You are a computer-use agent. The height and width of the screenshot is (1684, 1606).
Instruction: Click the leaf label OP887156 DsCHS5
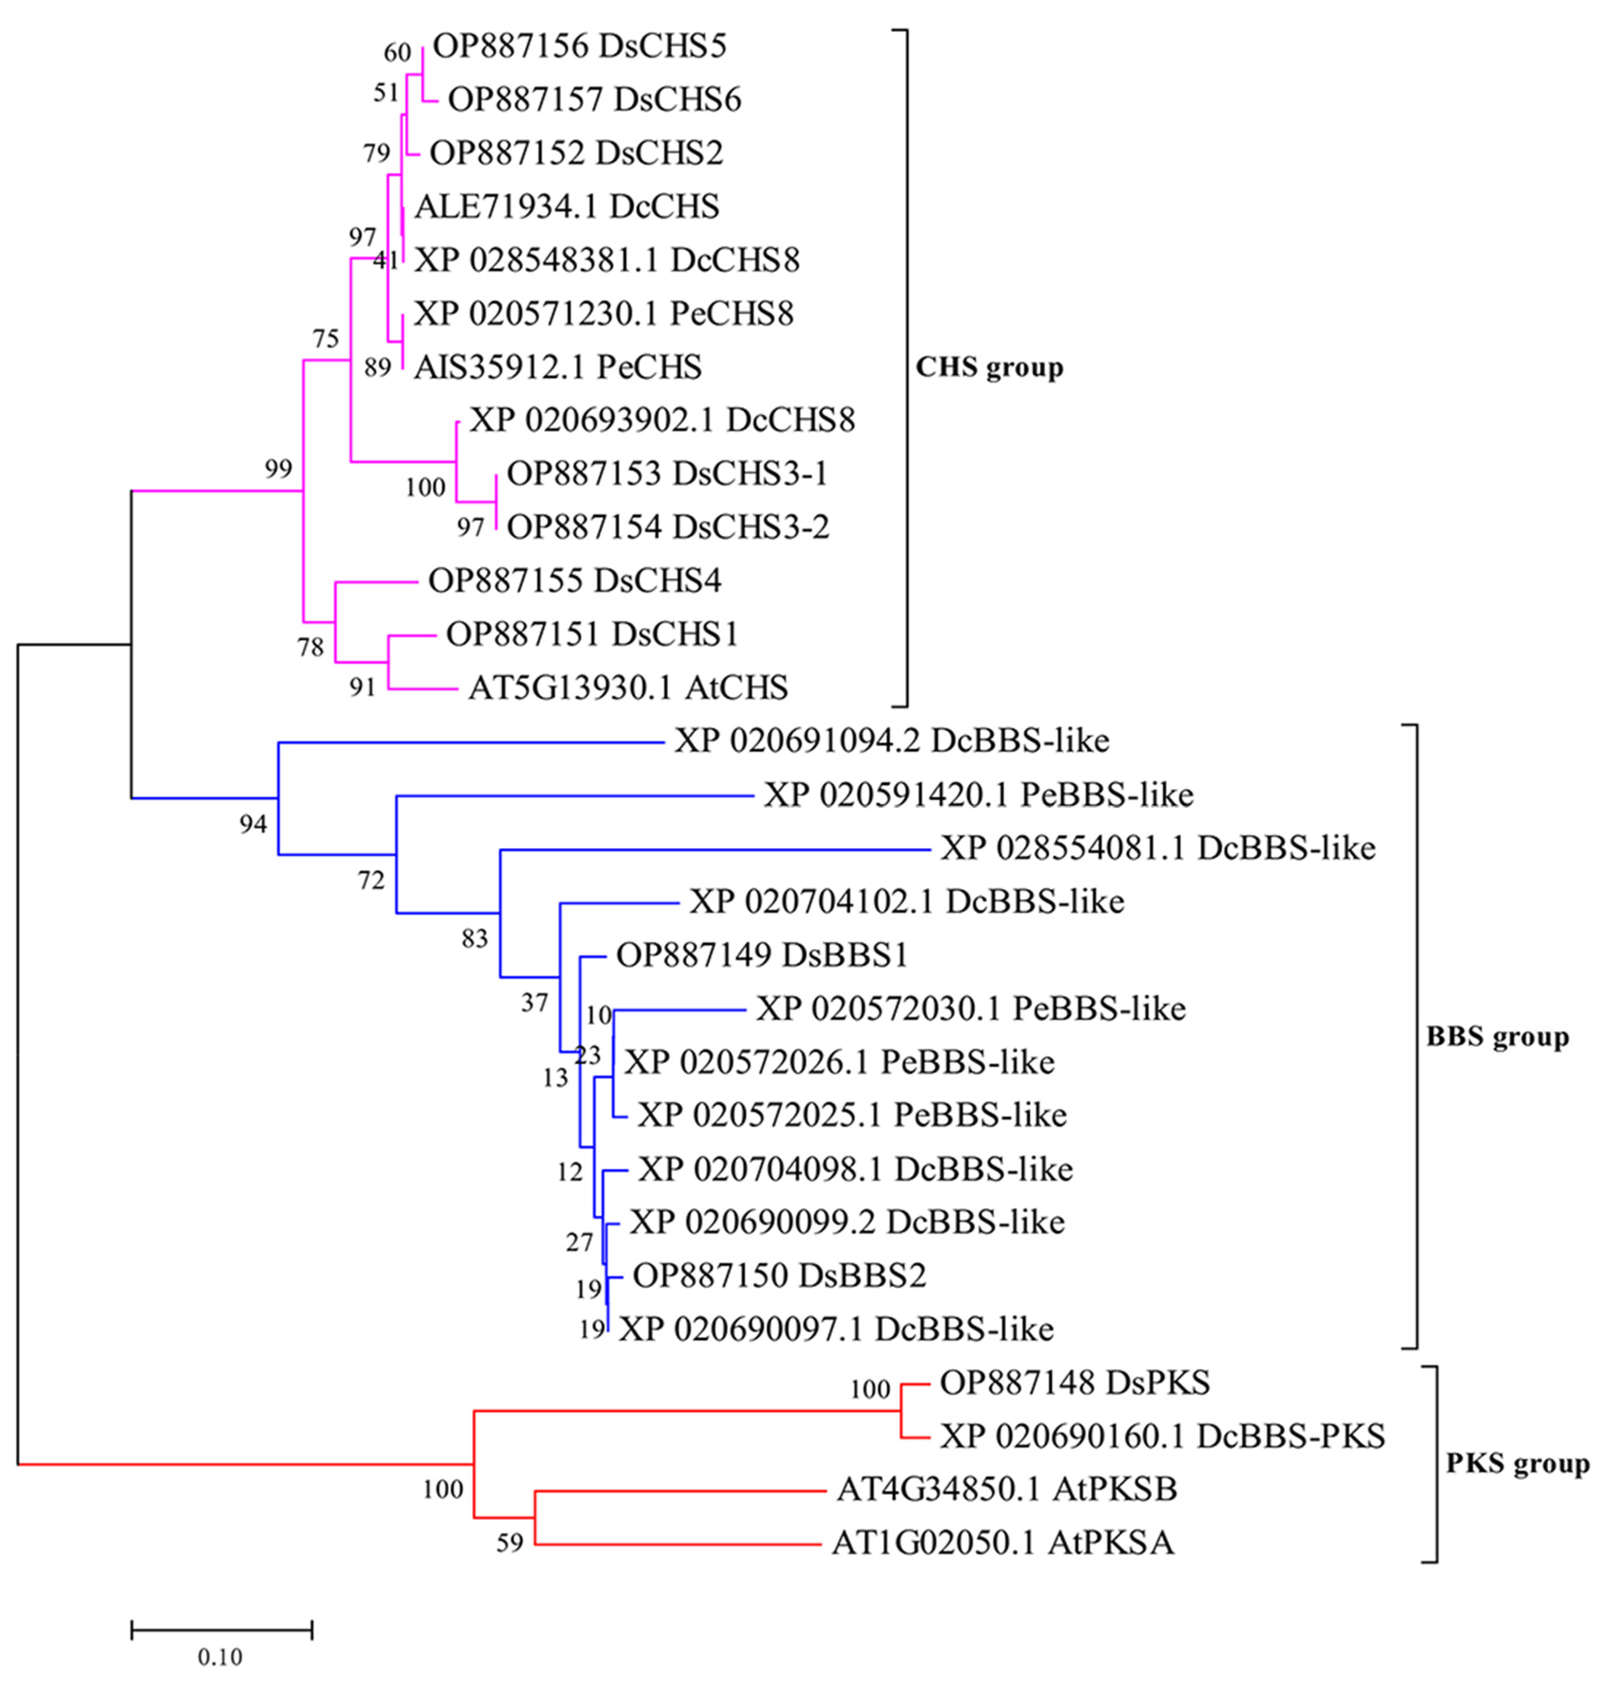pyautogui.click(x=579, y=46)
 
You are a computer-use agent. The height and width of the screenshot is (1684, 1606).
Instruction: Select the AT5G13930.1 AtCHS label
pyautogui.click(x=627, y=687)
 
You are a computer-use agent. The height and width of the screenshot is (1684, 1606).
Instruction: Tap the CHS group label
pyautogui.click(x=989, y=367)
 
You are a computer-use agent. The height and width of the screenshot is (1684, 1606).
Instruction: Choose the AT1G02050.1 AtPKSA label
pyautogui.click(x=1003, y=1544)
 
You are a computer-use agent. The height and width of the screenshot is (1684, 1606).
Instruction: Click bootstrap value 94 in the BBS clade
pyautogui.click(x=253, y=825)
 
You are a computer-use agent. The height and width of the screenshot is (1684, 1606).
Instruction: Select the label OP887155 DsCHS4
pyautogui.click(x=574, y=581)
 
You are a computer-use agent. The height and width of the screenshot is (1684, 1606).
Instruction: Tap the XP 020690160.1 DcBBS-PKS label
pyautogui.click(x=1162, y=1436)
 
